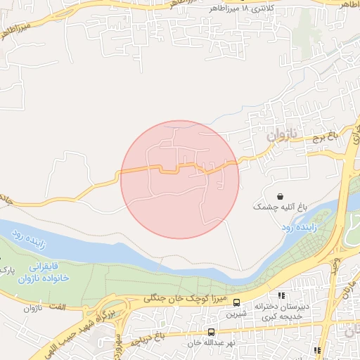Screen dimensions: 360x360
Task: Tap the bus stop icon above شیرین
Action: click(x=236, y=303)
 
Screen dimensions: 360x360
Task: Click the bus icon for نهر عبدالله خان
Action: click(x=211, y=332)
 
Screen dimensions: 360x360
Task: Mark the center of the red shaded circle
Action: click(x=179, y=179)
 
